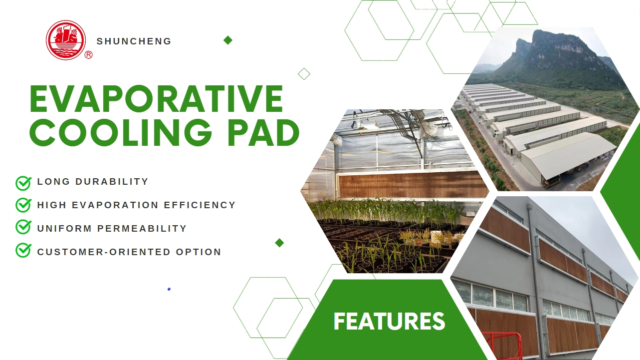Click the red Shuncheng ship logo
(x=66, y=40)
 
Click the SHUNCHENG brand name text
(x=134, y=41)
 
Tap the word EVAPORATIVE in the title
(x=156, y=98)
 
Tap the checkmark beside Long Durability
(x=23, y=183)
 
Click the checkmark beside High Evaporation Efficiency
(x=23, y=205)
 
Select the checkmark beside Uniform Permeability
(x=23, y=228)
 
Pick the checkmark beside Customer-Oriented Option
(x=23, y=250)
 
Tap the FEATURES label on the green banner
(x=389, y=321)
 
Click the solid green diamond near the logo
(x=228, y=40)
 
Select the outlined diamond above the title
(x=304, y=74)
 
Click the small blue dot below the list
(x=169, y=289)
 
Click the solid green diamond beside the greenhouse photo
(x=279, y=243)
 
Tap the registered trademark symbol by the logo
(x=89, y=55)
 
